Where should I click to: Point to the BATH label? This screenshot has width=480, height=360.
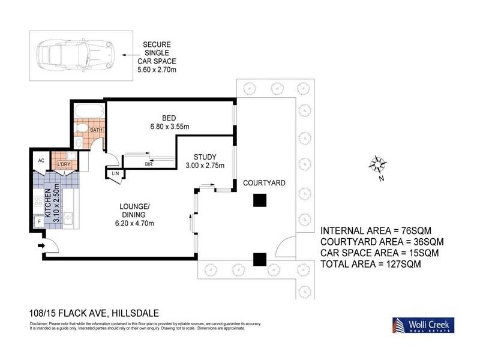pyautogui.click(x=96, y=130)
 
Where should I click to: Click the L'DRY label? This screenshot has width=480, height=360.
pyautogui.click(x=64, y=164)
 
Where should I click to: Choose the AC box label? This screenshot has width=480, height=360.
pyautogui.click(x=41, y=161)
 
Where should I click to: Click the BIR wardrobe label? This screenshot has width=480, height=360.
pyautogui.click(x=148, y=163)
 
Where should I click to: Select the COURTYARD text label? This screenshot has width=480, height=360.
pyautogui.click(x=263, y=182)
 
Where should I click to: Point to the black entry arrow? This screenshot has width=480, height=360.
pyautogui.click(x=41, y=245)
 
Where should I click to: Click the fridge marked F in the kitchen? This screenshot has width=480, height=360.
pyautogui.click(x=40, y=221)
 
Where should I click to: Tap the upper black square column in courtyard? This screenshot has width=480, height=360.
pyautogui.click(x=259, y=202)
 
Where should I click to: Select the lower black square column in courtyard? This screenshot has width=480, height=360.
pyautogui.click(x=259, y=259)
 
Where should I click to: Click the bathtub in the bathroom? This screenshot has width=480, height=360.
pyautogui.click(x=89, y=112)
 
